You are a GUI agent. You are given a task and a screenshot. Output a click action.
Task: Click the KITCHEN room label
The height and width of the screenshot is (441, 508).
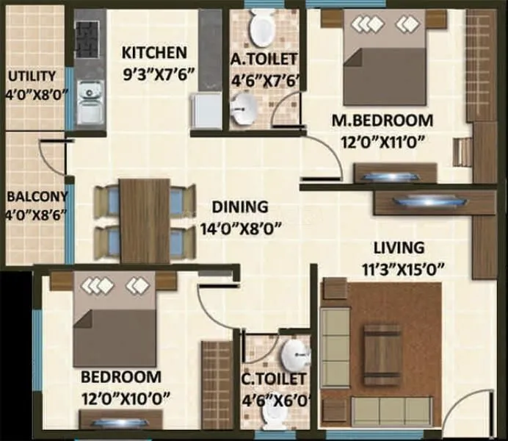coord(154,53)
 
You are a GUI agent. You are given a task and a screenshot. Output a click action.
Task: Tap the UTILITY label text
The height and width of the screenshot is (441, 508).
coord(32,76)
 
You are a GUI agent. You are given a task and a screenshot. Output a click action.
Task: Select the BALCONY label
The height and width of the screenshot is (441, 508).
coord(37,197)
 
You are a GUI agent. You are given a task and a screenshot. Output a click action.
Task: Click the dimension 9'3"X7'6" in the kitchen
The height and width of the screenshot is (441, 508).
coord(154,73)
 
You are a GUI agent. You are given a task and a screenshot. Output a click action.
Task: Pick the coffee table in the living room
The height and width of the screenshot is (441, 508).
coord(382,355)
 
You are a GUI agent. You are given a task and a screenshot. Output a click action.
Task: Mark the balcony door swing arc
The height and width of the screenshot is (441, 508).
coord(48,160)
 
